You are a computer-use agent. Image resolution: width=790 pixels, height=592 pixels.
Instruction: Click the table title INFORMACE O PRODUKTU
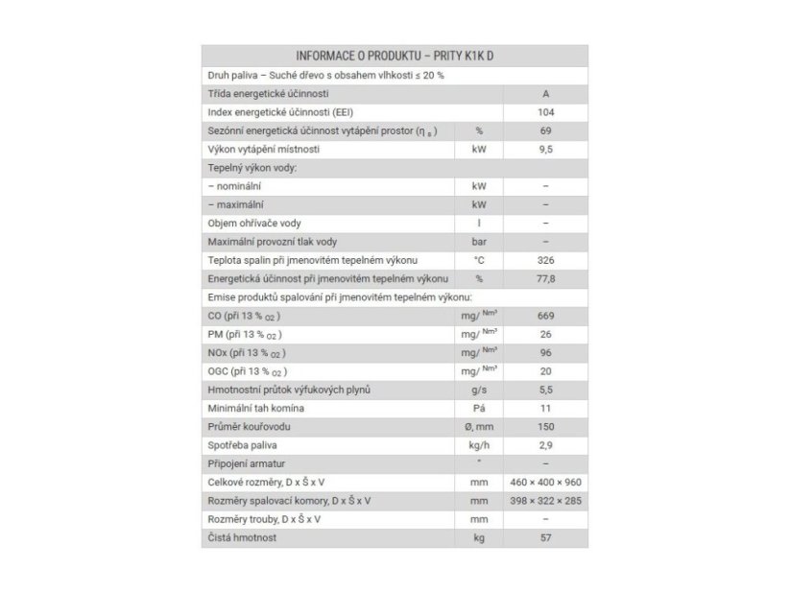(x=395, y=55)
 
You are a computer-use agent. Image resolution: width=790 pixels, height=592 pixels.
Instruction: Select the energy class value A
(x=545, y=94)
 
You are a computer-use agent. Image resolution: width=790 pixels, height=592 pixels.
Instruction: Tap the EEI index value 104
(x=545, y=112)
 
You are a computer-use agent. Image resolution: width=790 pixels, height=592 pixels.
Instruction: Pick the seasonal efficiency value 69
(x=545, y=130)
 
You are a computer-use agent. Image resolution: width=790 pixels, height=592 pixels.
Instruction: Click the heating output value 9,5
(x=545, y=150)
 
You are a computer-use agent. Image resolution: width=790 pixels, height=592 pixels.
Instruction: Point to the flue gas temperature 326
(x=545, y=260)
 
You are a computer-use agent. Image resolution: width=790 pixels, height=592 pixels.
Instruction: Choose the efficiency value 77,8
(x=545, y=278)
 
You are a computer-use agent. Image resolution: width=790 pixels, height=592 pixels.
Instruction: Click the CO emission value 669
(x=545, y=316)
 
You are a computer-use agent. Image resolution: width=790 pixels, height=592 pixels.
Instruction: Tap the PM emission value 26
(x=545, y=334)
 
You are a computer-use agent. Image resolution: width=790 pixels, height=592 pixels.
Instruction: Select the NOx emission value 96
(x=545, y=352)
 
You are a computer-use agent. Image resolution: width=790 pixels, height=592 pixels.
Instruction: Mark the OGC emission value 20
(x=545, y=370)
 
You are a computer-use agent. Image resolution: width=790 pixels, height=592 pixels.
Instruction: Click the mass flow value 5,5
(x=545, y=390)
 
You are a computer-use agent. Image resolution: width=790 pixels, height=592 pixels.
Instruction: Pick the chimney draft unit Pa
(x=479, y=408)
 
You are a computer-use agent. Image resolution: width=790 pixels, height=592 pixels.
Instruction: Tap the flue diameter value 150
(x=545, y=426)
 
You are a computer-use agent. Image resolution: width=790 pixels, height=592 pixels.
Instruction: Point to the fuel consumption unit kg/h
(x=479, y=445)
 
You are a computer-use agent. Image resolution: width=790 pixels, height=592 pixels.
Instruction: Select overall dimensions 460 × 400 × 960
(x=545, y=482)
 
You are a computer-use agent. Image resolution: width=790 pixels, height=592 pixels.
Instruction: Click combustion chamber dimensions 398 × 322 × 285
(x=545, y=501)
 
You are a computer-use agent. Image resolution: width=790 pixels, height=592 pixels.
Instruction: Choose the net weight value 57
(x=545, y=538)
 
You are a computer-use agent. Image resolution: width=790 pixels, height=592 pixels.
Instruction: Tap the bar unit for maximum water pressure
(x=479, y=242)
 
